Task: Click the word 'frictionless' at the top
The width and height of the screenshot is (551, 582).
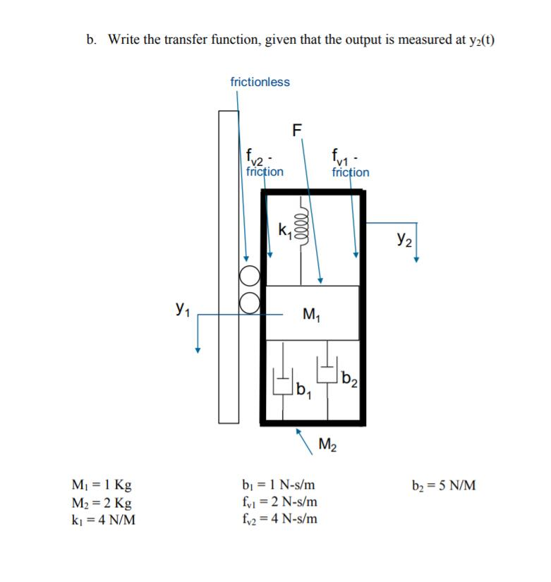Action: pos(260,82)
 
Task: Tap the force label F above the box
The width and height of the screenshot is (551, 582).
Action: pos(296,130)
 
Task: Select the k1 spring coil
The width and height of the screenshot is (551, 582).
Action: pos(303,229)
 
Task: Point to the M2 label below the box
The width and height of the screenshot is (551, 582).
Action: pos(328,444)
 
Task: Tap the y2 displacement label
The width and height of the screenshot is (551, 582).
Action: pos(405,238)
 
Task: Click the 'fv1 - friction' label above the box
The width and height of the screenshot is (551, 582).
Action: pos(350,164)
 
